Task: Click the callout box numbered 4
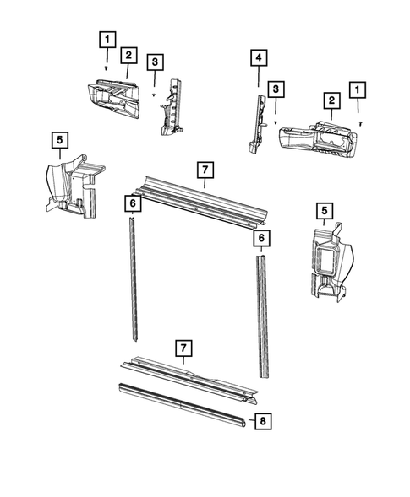point(259,57)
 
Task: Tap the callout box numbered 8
point(263,421)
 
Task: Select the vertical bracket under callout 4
point(257,124)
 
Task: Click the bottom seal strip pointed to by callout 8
point(183,406)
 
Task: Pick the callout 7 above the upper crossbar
point(205,170)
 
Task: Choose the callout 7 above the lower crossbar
point(183,348)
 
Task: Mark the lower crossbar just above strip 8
point(189,380)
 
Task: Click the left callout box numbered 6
point(133,203)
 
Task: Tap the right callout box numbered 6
point(261,238)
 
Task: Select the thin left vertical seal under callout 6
point(134,279)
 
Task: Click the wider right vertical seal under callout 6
point(263,316)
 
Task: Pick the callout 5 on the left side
point(60,140)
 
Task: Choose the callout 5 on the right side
point(325,210)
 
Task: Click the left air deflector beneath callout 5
point(75,186)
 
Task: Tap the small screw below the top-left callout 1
point(107,68)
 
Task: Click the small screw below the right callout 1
point(360,123)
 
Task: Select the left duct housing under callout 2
point(113,98)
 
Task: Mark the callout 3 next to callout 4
point(276,89)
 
